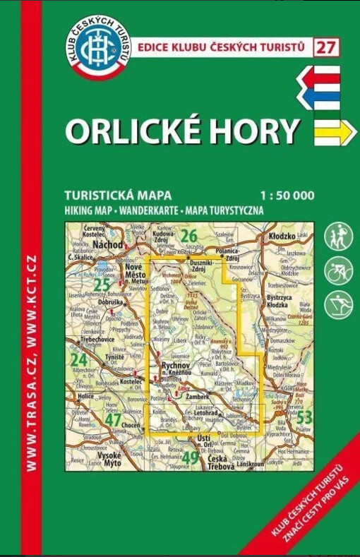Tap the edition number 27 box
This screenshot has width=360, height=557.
tap(325, 47)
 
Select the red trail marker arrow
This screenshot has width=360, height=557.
tap(318, 75)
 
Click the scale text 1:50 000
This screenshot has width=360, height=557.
tap(287, 196)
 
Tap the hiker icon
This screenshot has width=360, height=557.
tap(339, 237)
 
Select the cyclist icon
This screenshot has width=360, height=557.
tap(339, 270)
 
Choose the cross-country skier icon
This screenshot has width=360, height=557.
tap(339, 304)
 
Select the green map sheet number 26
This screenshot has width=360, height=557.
tap(188, 235)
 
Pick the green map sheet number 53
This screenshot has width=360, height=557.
tap(304, 417)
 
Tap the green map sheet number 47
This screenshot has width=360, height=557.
tap(113, 420)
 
